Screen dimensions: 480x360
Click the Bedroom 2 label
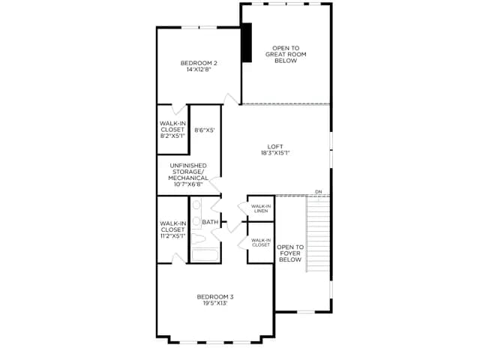pyautogui.click(x=199, y=63)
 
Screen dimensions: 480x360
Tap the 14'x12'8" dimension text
pyautogui.click(x=199, y=70)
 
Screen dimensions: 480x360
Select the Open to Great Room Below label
pyautogui.click(x=286, y=55)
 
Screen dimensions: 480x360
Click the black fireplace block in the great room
pyautogui.click(x=247, y=43)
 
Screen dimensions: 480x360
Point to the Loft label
pyautogui.click(x=275, y=147)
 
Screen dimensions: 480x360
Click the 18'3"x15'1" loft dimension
pyautogui.click(x=275, y=153)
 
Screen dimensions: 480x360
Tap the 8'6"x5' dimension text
pyautogui.click(x=205, y=130)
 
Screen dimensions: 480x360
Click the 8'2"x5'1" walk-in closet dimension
pyautogui.click(x=172, y=136)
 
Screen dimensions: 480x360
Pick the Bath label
pyautogui.click(x=210, y=222)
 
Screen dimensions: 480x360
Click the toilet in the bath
pyautogui.click(x=198, y=238)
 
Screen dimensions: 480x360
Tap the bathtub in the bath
pyautogui.click(x=205, y=256)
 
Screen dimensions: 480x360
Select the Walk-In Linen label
pyautogui.click(x=261, y=208)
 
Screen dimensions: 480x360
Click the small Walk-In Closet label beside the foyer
pyautogui.click(x=261, y=242)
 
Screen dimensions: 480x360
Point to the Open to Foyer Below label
pyautogui.click(x=290, y=253)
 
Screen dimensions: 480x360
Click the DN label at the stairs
pyautogui.click(x=318, y=192)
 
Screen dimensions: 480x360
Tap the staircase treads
pyautogui.click(x=318, y=234)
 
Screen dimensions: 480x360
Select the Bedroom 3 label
pyautogui.click(x=215, y=297)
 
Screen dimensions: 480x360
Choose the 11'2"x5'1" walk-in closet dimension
pyautogui.click(x=172, y=236)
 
